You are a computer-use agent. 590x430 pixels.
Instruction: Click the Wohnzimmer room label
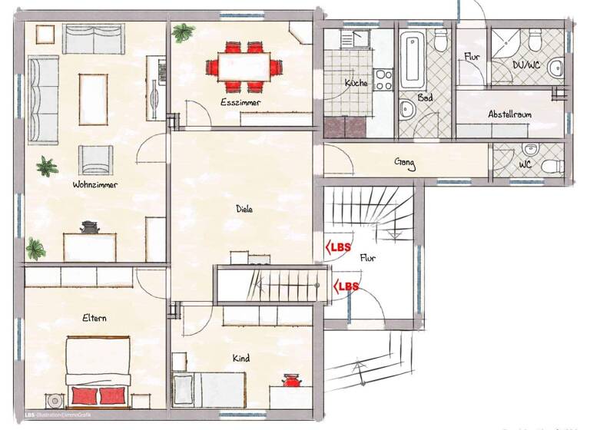click(x=95, y=184)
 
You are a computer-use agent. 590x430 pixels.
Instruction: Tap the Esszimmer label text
click(x=240, y=102)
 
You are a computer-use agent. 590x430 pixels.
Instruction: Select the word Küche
click(x=356, y=83)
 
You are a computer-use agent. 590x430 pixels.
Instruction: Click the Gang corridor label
click(x=405, y=162)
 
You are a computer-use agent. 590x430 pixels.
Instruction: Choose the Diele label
click(x=244, y=208)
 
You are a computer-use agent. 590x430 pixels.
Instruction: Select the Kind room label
click(x=241, y=358)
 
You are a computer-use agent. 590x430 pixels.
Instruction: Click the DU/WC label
click(x=526, y=65)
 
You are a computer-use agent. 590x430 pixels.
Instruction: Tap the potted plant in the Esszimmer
click(x=184, y=32)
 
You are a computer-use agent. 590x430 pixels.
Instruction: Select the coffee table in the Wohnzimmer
click(x=94, y=98)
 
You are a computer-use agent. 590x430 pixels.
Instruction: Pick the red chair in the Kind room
click(x=291, y=381)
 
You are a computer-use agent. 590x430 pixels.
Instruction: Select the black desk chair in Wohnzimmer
click(x=90, y=227)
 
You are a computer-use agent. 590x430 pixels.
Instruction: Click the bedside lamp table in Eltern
click(x=55, y=400)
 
